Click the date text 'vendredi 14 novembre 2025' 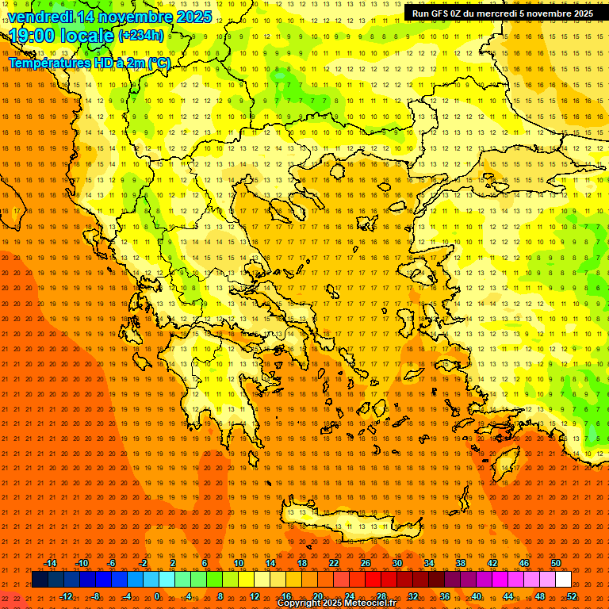pyautogui.click(x=110, y=17)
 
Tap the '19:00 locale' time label pyautogui.click(x=61, y=36)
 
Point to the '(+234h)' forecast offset pyautogui.click(x=141, y=36)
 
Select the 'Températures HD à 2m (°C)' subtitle pyautogui.click(x=89, y=63)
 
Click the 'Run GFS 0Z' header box pyautogui.click(x=503, y=13)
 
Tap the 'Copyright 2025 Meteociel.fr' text pyautogui.click(x=336, y=603)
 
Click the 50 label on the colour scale pyautogui.click(x=555, y=563)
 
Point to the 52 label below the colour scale pyautogui.click(x=571, y=596)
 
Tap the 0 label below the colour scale pyautogui.click(x=157, y=596)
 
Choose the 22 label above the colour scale pyautogui.click(x=334, y=563)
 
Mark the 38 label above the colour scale pyautogui.click(x=461, y=563)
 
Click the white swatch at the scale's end pyautogui.click(x=564, y=579)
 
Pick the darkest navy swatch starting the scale pyautogui.click(x=40, y=579)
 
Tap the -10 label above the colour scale pyautogui.click(x=81, y=563)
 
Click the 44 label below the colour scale pyautogui.click(x=508, y=596)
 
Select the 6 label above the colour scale pyautogui.click(x=205, y=563)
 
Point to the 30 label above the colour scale pyautogui.click(x=397, y=563)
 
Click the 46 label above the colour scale pyautogui.click(x=523, y=563)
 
